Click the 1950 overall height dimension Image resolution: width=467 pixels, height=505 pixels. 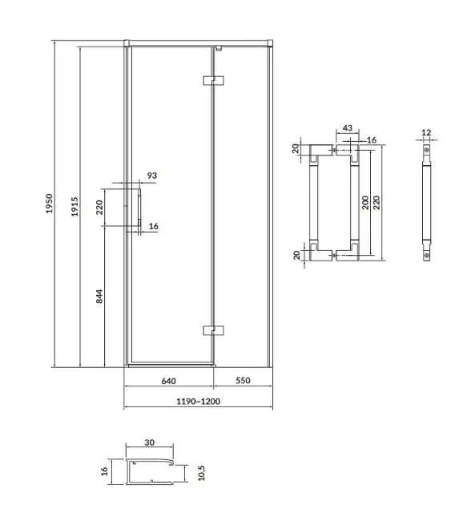click(49, 204)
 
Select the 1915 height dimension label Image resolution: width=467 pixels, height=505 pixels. click(74, 207)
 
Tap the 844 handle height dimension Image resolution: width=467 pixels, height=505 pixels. click(99, 297)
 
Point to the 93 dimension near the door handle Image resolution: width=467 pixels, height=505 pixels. click(152, 176)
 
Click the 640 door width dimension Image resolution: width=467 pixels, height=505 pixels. click(169, 381)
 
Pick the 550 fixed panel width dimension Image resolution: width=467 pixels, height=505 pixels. click(243, 381)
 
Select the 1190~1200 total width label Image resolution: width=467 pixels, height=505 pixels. click(199, 402)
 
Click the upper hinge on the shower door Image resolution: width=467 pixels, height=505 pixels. click(213, 80)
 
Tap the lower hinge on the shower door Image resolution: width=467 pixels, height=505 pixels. click(213, 330)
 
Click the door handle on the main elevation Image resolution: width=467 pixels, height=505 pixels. click(139, 208)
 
